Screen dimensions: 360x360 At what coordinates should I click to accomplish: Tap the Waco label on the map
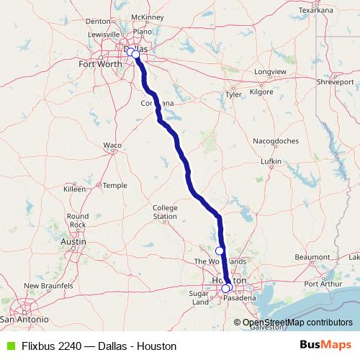112,145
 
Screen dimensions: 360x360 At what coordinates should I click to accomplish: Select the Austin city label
73,242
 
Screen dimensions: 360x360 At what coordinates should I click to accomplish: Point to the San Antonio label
24,318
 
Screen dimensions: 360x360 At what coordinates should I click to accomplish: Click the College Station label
165,212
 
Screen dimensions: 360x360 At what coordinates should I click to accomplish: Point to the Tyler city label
233,94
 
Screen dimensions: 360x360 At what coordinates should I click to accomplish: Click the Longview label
269,72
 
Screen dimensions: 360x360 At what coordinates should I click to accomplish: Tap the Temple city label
114,185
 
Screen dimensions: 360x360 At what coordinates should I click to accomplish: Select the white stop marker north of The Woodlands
220,251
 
